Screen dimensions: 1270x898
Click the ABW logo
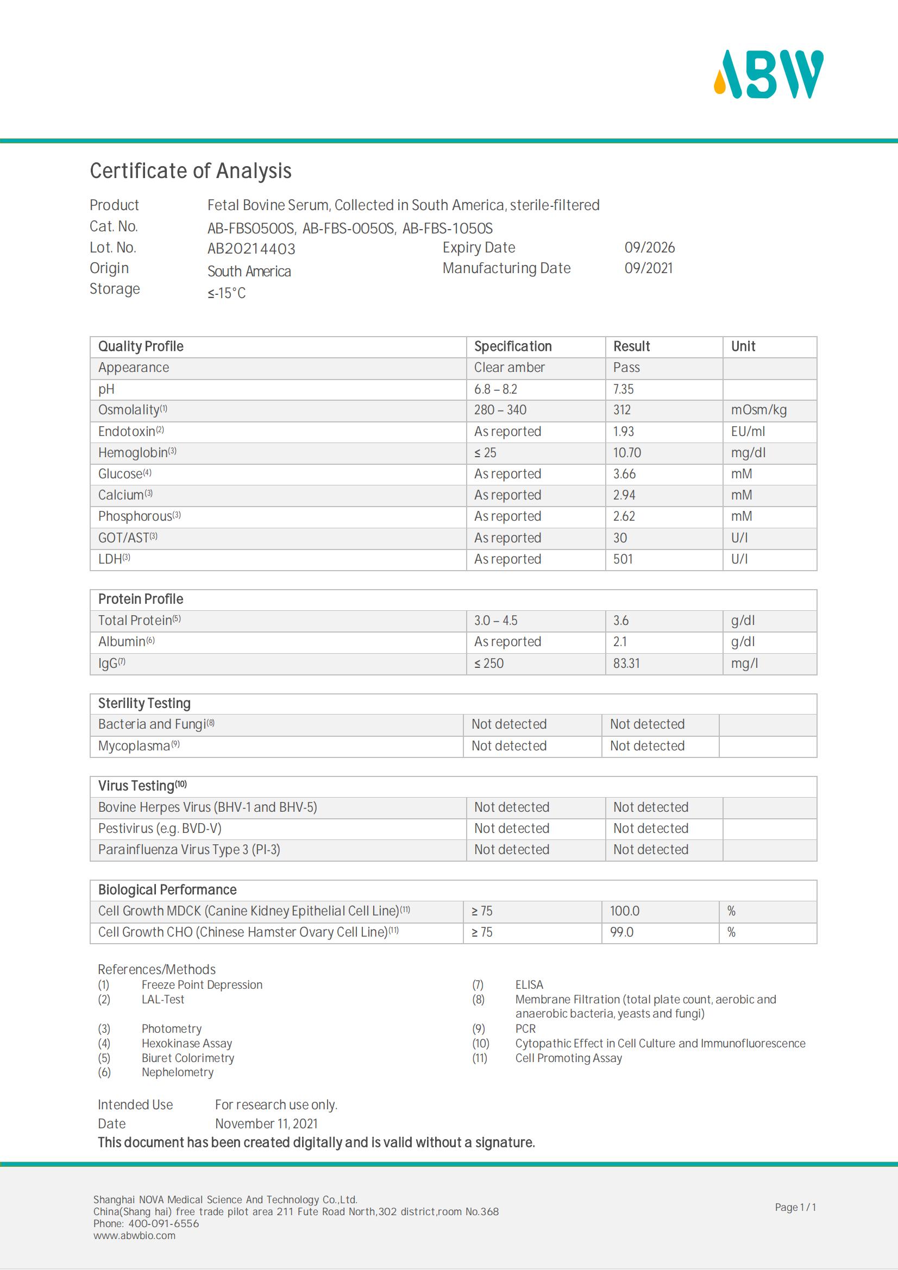769,75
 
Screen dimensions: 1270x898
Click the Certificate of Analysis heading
190,171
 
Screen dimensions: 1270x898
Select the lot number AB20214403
251,249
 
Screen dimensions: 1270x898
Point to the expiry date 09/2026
649,248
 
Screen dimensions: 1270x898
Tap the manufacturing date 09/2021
649,268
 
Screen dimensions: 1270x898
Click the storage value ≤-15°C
227,293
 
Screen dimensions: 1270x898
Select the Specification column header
512,347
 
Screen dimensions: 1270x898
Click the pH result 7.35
623,389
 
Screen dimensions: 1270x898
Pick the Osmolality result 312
621,410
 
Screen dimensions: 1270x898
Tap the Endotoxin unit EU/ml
748,432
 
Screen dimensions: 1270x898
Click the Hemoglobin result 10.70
626,453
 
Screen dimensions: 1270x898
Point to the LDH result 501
623,559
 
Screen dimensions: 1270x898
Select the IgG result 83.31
626,663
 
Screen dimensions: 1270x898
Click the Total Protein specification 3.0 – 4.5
495,621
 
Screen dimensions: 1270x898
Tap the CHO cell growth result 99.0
621,933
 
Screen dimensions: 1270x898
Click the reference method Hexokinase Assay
186,1043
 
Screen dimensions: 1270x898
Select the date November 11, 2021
266,1123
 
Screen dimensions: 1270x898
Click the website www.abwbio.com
134,1235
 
